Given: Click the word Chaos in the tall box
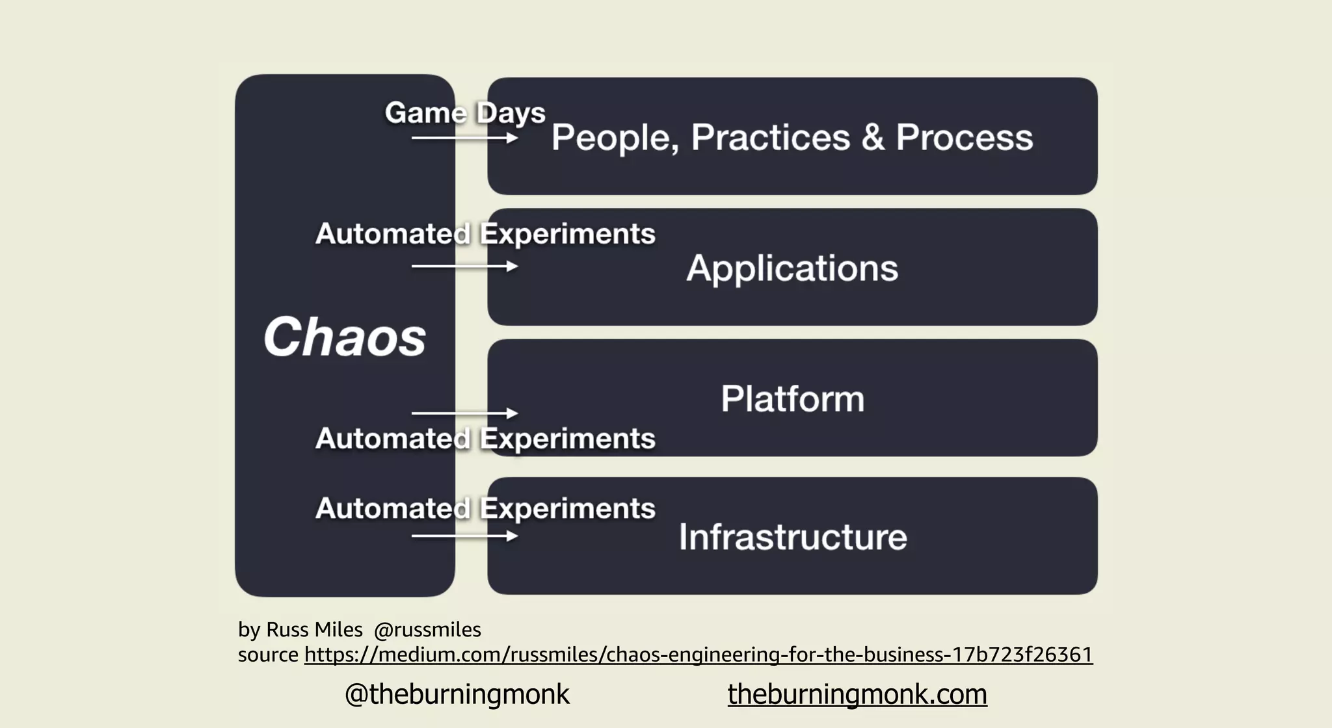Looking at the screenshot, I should click(345, 337).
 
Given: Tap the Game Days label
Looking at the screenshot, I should click(464, 113).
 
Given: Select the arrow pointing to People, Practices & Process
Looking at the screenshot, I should click(464, 138).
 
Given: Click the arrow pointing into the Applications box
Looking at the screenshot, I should click(464, 266).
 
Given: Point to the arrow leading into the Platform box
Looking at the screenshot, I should click(464, 413).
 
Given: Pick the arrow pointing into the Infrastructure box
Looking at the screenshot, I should click(464, 536).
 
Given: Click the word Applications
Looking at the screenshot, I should click(792, 268).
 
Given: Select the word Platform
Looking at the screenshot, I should click(792, 398).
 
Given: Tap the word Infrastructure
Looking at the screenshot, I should click(792, 537).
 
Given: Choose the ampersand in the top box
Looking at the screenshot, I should click(873, 138).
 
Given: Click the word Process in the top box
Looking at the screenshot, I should click(964, 138).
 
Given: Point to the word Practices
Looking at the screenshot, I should click(770, 138).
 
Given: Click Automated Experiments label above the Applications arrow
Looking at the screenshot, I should click(485, 234).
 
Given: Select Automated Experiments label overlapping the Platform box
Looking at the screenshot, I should click(485, 439).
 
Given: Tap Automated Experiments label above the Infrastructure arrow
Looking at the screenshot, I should click(485, 508).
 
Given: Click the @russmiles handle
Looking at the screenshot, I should click(427, 630).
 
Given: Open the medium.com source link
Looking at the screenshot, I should click(698, 654).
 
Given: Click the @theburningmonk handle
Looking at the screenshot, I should click(457, 694).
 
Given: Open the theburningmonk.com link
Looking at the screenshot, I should click(857, 694).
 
